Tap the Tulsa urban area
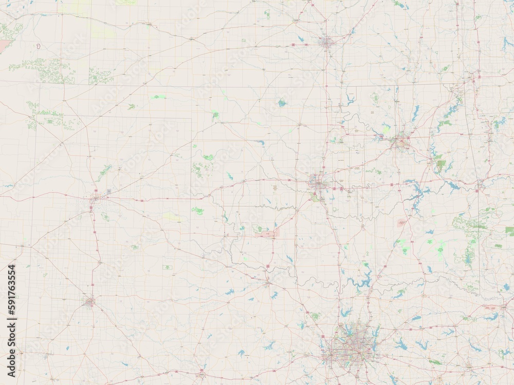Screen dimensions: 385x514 pyautogui.click(x=400, y=141)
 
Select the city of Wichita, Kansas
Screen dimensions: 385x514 pyautogui.click(x=326, y=42)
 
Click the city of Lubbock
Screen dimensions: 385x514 pyautogui.click(x=90, y=301)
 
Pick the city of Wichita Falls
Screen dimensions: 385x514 pyautogui.click(x=267, y=282)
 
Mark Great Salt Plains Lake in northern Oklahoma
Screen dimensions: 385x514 pyautogui.click(x=282, y=103)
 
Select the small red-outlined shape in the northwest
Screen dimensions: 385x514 pyautogui.click(x=39, y=47)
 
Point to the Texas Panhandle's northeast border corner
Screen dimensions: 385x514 pyautogui.click(x=192, y=118)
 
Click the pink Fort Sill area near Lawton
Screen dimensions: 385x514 pyautogui.click(x=270, y=234)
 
